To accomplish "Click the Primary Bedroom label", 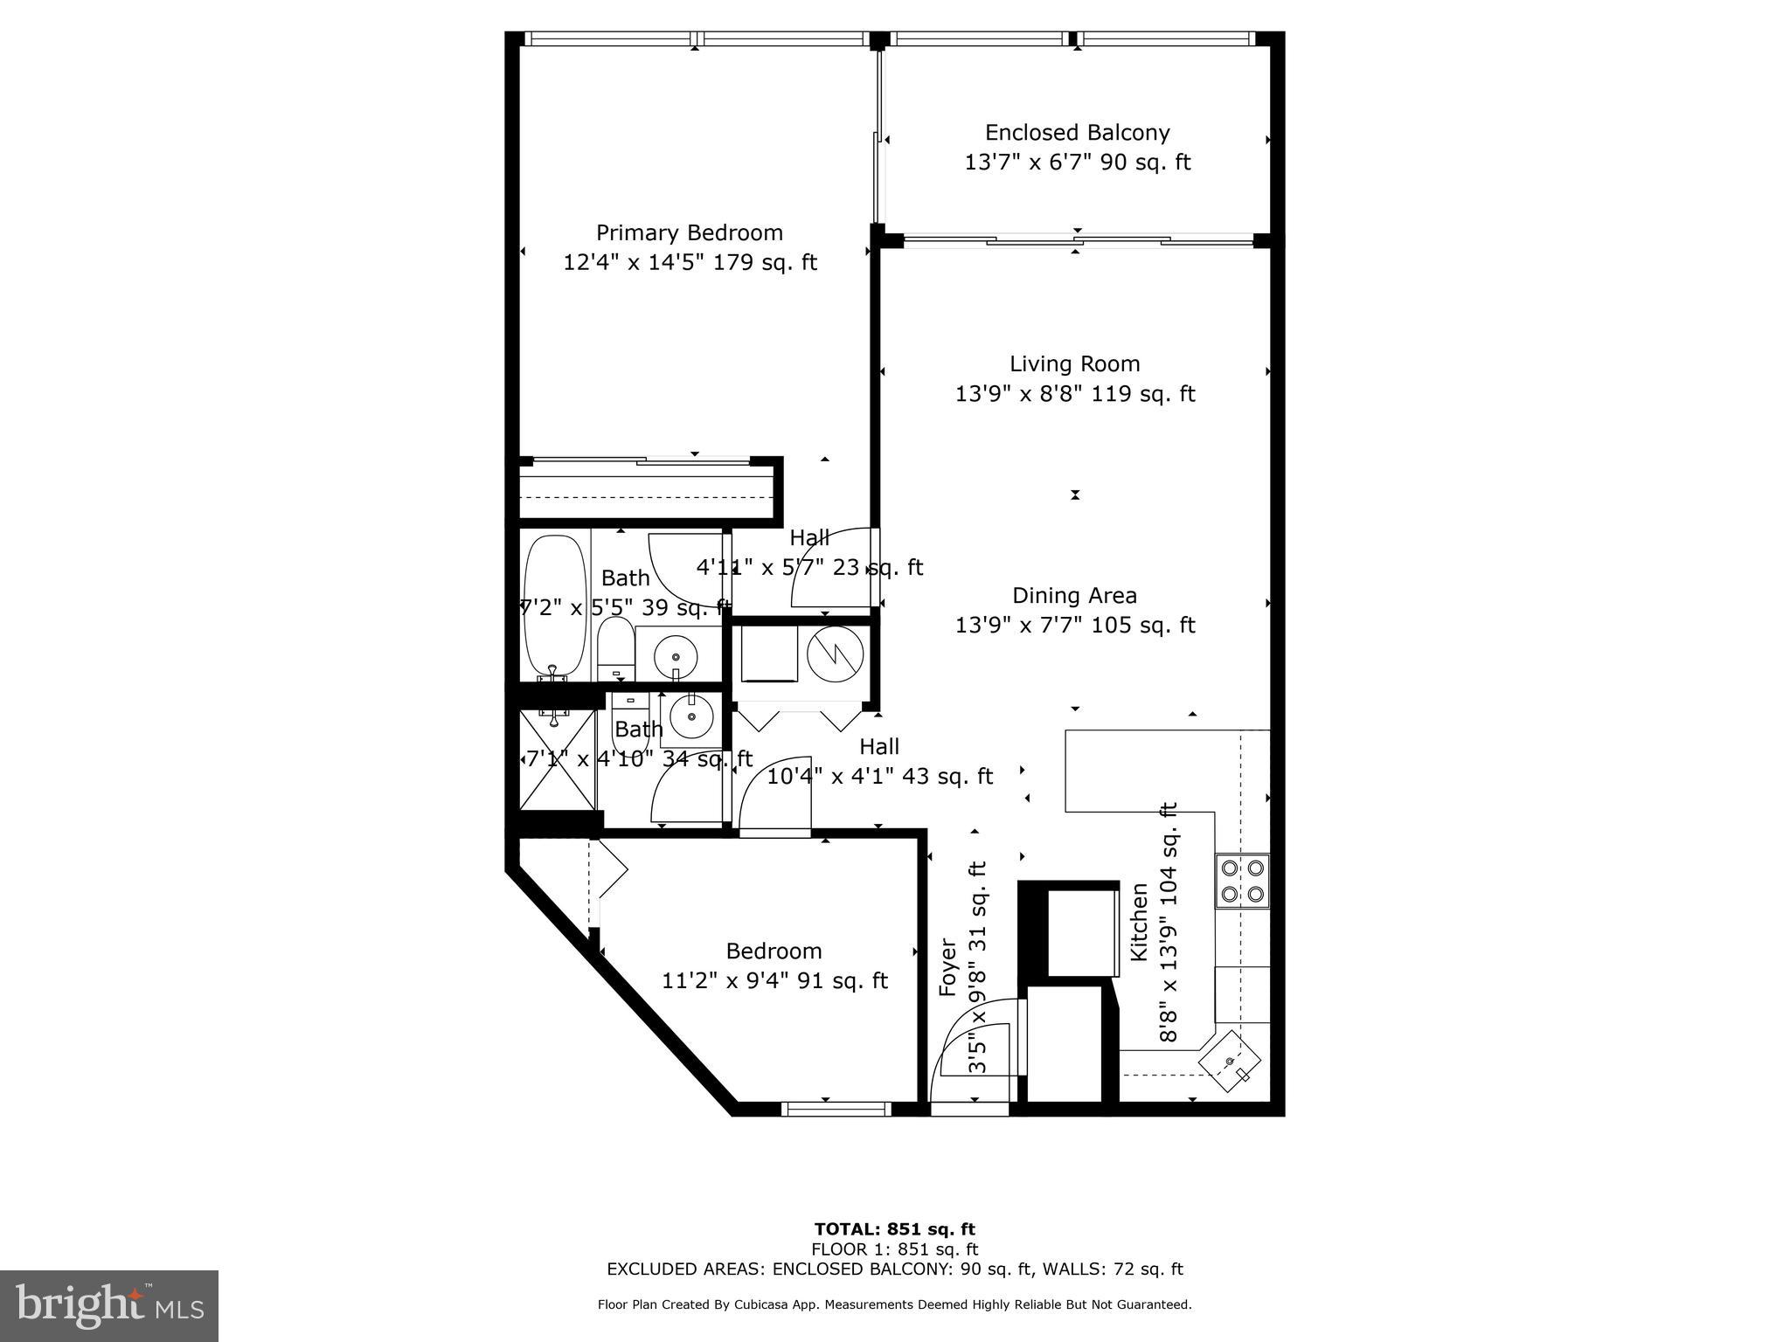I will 689,233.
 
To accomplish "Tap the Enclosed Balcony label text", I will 1077,133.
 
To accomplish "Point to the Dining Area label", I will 1074,596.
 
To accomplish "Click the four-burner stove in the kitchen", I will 1242,881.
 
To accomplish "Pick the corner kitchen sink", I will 1230,1062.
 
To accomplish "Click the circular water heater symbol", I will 835,654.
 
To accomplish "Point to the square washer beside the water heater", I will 769,654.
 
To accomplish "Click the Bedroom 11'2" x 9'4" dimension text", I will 774,981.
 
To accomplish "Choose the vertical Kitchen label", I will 1139,923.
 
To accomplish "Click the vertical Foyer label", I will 948,967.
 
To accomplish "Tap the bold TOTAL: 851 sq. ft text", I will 894,1230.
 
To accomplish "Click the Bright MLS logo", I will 109,1305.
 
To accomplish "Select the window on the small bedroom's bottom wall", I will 836,1109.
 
